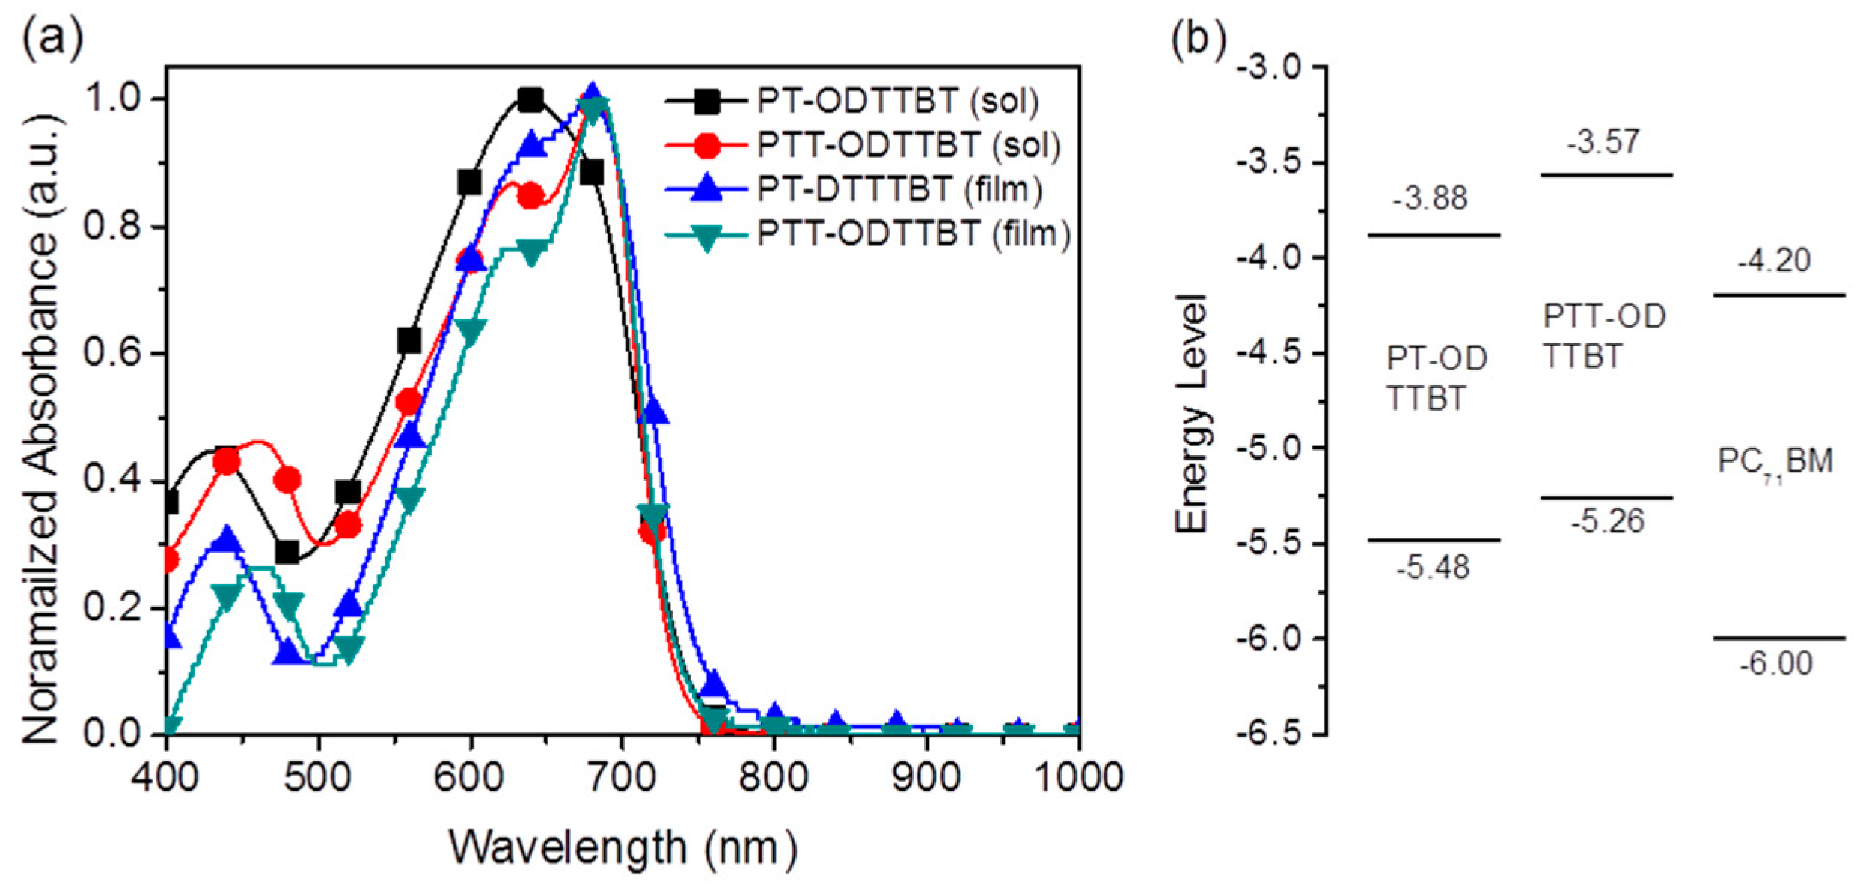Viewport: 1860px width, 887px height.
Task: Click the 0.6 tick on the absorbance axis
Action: pyautogui.click(x=112, y=353)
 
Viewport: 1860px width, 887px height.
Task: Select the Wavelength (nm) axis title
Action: pyautogui.click(x=622, y=848)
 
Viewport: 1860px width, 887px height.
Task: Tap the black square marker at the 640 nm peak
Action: pyautogui.click(x=530, y=99)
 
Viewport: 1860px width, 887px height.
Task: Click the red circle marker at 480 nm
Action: pyautogui.click(x=287, y=480)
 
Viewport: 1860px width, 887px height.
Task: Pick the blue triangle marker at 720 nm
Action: pyautogui.click(x=652, y=411)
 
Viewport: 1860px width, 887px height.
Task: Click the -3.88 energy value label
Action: pyautogui.click(x=1430, y=199)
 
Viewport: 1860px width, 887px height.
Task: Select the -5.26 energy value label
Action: pyautogui.click(x=1606, y=521)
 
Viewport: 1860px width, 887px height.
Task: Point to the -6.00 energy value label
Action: pyautogui.click(x=1775, y=664)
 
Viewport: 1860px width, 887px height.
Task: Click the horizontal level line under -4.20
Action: pyautogui.click(x=1778, y=295)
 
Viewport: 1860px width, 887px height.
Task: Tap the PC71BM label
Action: pyautogui.click(x=1775, y=461)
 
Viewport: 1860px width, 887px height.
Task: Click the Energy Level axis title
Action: pyautogui.click(x=1191, y=414)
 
